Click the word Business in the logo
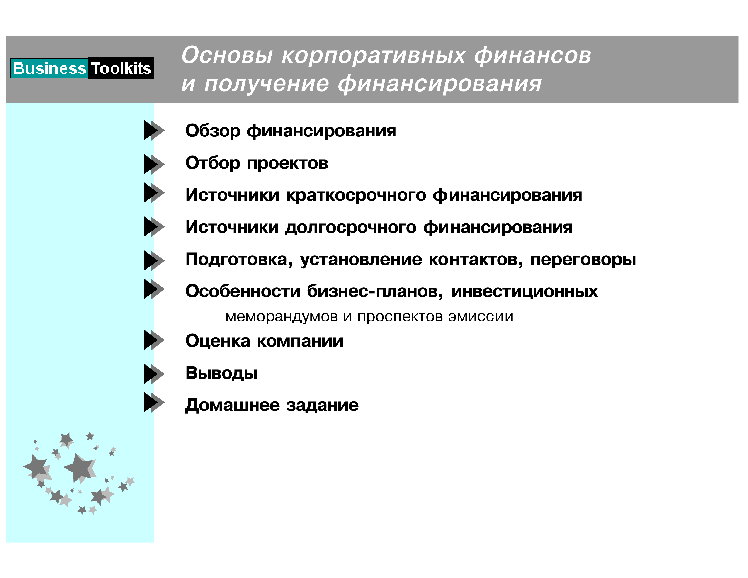[49, 68]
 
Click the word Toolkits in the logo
[121, 68]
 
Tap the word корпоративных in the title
[374, 56]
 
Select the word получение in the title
[267, 84]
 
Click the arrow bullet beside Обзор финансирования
[154, 130]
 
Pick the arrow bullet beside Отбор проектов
[154, 164]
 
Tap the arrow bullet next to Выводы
[154, 374]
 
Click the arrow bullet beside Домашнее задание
[154, 402]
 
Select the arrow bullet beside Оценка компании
[154, 340]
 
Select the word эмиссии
[481, 317]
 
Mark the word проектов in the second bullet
[287, 164]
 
